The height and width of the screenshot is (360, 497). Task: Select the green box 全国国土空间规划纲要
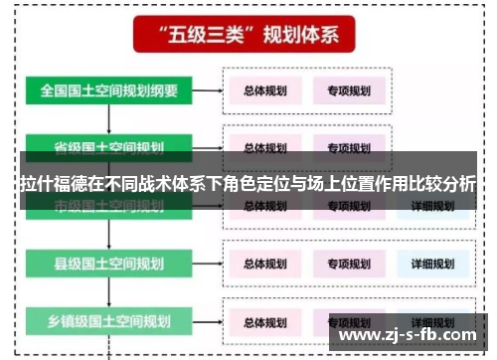pyautogui.click(x=109, y=90)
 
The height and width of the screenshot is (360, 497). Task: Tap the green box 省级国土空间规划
pyautogui.click(x=109, y=147)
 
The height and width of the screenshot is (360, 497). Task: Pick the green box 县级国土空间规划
pyautogui.click(x=109, y=264)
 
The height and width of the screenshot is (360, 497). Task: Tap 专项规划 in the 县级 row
pyautogui.click(x=349, y=265)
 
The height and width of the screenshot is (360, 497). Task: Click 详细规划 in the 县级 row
pyautogui.click(x=432, y=265)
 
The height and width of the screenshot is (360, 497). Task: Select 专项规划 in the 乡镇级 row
pyautogui.click(x=349, y=322)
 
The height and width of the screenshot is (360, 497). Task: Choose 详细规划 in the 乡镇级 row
pyautogui.click(x=432, y=322)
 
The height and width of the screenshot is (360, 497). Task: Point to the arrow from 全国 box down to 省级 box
pyautogui.click(x=110, y=118)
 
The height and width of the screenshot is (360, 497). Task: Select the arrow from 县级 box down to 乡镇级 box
pyautogui.click(x=110, y=292)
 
